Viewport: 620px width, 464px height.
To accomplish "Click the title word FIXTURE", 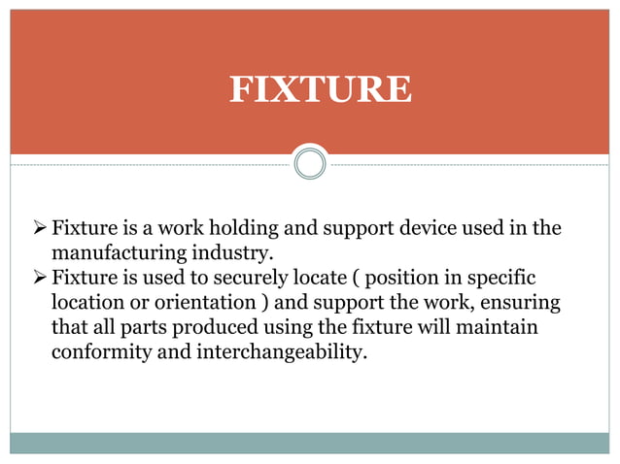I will coord(320,89).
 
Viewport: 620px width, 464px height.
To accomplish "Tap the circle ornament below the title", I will coord(309,163).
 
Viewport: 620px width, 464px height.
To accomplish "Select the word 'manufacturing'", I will coord(112,253).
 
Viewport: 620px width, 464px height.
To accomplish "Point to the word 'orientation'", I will coord(203,302).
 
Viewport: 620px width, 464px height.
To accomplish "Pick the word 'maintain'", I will coord(499,326).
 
